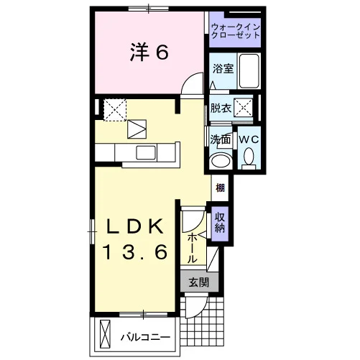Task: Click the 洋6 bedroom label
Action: pyautogui.click(x=149, y=52)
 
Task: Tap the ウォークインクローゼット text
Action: pyautogui.click(x=236, y=31)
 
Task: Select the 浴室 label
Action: pyautogui.click(x=223, y=69)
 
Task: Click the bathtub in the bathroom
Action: pyautogui.click(x=249, y=71)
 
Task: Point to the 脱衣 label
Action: pyautogui.click(x=221, y=109)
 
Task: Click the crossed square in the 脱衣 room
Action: pyautogui.click(x=243, y=108)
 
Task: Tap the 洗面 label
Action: pyautogui.click(x=221, y=139)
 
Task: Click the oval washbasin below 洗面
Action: pyautogui.click(x=221, y=162)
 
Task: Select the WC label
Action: pyautogui.click(x=249, y=139)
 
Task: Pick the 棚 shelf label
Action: pyautogui.click(x=220, y=188)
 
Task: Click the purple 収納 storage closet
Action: pyautogui.click(x=220, y=223)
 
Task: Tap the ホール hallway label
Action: pyautogui.click(x=192, y=249)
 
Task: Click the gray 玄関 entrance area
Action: pyautogui.click(x=199, y=282)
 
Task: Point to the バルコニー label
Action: pyautogui.click(x=145, y=338)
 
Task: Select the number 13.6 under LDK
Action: pyautogui.click(x=135, y=252)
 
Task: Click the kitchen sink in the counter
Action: pyautogui.click(x=146, y=152)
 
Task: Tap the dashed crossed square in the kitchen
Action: pyautogui.click(x=115, y=110)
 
